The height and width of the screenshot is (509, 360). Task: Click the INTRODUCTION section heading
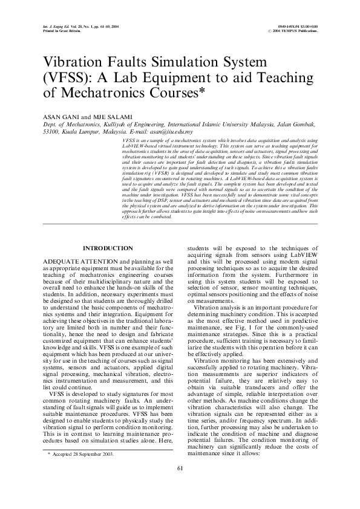click(x=108, y=248)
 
